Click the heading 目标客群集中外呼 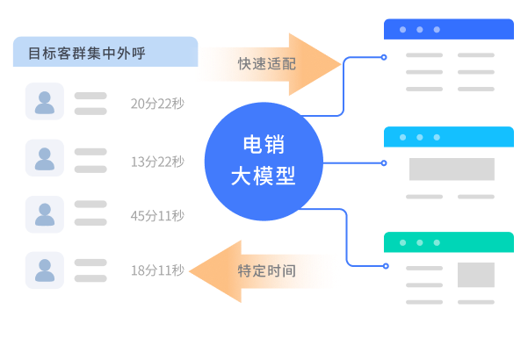[x=87, y=54]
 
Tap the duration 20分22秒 [x=157, y=104]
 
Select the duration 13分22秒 [x=157, y=161]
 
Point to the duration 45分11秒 [x=157, y=216]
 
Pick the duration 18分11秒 [x=157, y=270]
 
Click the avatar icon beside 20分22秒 [x=45, y=102]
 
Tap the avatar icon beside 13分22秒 [x=45, y=158]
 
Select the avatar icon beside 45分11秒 [x=45, y=214]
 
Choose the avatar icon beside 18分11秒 [x=45, y=270]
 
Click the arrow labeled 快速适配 [x=269, y=64]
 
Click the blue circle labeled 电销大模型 [x=263, y=161]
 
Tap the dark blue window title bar [x=448, y=30]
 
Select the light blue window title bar [x=448, y=137]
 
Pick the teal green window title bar [x=448, y=242]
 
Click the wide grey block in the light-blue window [x=452, y=169]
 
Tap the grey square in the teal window [x=476, y=275]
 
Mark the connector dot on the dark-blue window [x=384, y=58]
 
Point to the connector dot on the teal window [x=384, y=265]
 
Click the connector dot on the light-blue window [x=384, y=162]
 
